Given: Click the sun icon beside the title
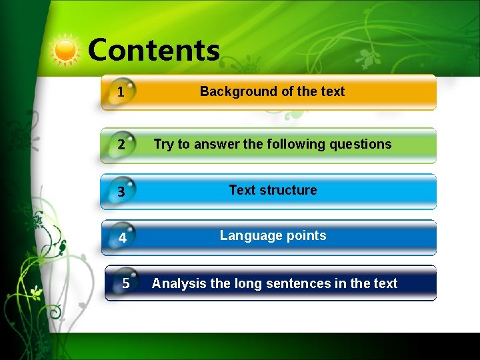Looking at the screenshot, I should [65, 51].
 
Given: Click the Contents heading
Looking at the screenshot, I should [153, 50].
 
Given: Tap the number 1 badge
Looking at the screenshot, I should [121, 93].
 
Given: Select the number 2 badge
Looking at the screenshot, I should [121, 145].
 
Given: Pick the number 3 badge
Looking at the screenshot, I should [121, 192].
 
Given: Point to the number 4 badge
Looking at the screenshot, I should [123, 237].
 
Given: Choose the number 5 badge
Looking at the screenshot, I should [126, 283].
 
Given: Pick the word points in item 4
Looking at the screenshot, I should [305, 235].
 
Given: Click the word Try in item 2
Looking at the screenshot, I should [163, 144].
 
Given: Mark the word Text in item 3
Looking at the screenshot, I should [242, 190].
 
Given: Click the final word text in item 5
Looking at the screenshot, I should [385, 283].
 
